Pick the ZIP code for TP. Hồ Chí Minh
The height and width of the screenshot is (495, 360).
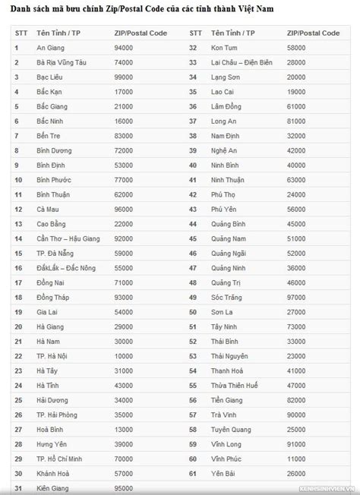[124, 458]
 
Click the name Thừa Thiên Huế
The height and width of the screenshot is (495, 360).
[235, 385]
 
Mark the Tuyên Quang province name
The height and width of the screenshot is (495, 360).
[232, 429]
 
